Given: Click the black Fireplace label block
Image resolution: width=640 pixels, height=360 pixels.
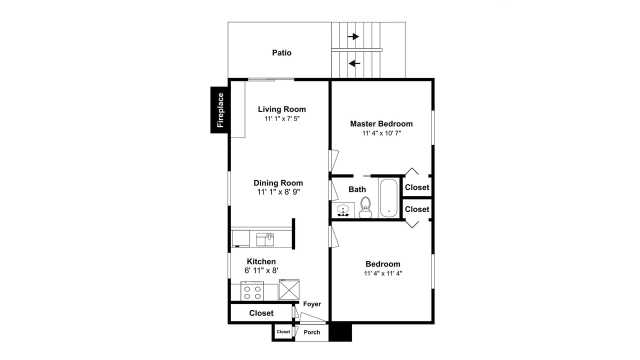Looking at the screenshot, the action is (x=219, y=110).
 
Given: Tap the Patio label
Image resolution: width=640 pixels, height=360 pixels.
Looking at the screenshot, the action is (x=281, y=53).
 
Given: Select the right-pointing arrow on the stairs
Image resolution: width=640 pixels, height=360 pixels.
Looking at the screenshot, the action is (x=353, y=36).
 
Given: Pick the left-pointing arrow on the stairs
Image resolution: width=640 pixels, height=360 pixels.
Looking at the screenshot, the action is (x=354, y=63).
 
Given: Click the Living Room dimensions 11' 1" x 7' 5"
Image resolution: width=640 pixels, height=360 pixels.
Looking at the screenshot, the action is (x=282, y=118).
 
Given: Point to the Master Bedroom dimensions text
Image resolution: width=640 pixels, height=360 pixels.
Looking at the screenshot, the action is (x=381, y=133).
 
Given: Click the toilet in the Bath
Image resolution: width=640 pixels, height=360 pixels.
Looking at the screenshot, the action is (x=365, y=207).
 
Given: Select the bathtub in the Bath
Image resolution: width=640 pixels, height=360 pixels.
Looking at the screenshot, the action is (x=388, y=198).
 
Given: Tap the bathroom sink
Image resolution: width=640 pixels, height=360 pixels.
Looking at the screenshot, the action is (x=342, y=210).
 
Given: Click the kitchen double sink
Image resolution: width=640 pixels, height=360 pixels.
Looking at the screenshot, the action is (x=265, y=239).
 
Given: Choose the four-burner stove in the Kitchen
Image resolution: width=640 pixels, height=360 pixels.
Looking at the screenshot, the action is (x=252, y=291).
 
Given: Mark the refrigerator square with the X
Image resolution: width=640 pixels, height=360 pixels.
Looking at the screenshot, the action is (x=289, y=289).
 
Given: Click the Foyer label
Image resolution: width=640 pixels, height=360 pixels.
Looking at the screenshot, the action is (x=312, y=304).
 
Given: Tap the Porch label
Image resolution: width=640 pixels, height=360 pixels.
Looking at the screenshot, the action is (x=312, y=332).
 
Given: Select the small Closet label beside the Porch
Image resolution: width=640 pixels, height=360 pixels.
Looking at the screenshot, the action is (x=283, y=331).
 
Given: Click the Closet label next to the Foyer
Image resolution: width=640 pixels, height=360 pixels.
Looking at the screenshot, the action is (x=261, y=313).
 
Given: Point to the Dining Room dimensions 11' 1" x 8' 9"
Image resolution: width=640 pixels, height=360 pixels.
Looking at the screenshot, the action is (x=278, y=192).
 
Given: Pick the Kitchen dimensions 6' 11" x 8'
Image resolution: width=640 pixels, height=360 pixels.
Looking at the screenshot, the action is (x=261, y=270).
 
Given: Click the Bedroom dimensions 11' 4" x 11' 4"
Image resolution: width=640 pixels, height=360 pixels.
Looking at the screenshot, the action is (x=383, y=273).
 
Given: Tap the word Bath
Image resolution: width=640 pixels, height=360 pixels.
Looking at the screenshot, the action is (x=357, y=189).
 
